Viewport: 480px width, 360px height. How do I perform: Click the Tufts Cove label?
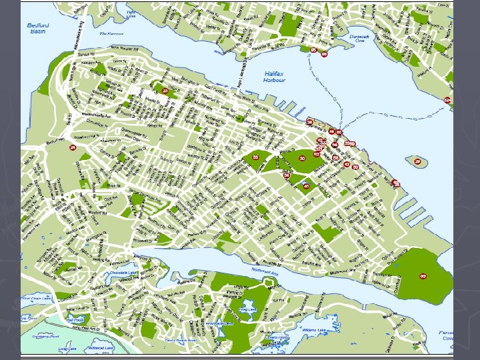point(131,13)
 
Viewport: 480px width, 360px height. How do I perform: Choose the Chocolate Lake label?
point(123,273)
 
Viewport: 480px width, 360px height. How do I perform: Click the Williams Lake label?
point(313,329)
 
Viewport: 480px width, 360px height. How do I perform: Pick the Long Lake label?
point(67,349)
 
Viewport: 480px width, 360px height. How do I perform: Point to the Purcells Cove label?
point(445,335)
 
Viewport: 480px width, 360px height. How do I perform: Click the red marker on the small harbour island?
point(418,161)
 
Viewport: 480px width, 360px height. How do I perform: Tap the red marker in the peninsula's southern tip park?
point(423,276)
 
